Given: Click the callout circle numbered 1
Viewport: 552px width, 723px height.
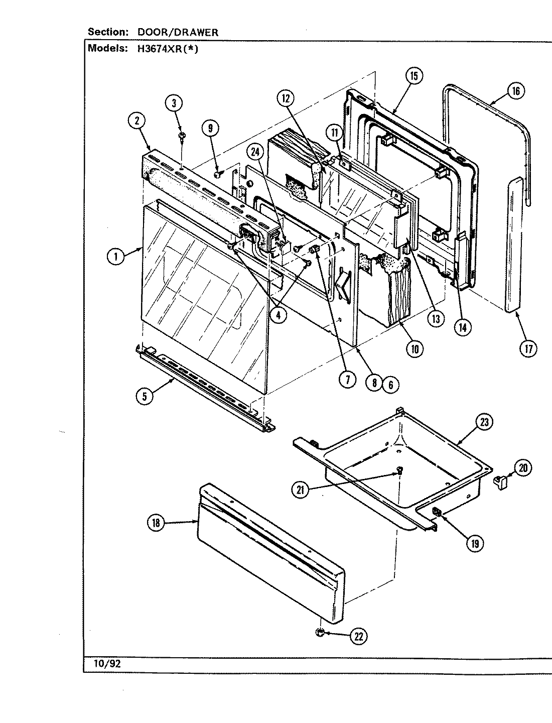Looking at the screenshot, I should (116, 257).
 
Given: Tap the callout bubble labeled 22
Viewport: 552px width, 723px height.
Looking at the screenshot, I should (359, 636).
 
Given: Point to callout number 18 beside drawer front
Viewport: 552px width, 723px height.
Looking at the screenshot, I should (156, 523).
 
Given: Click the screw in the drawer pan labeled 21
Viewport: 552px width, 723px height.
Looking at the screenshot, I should (399, 470).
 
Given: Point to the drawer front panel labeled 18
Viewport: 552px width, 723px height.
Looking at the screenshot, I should (271, 552).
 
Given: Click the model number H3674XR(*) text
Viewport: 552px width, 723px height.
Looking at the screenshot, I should (165, 49).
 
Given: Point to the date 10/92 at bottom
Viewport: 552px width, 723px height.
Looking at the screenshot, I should (107, 664).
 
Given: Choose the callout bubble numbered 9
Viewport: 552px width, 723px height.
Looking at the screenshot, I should (210, 129).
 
